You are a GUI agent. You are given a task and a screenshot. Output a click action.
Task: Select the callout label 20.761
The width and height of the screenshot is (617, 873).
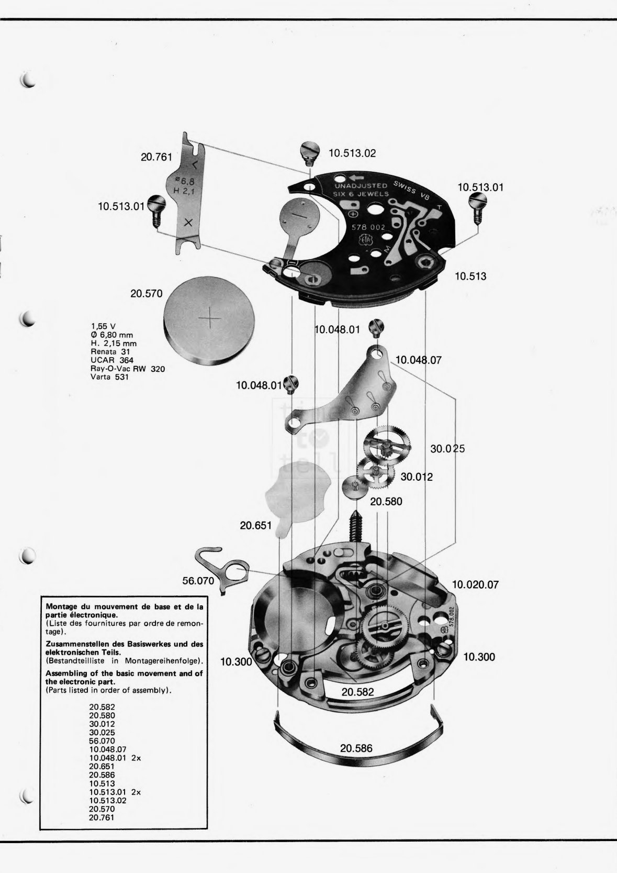156,157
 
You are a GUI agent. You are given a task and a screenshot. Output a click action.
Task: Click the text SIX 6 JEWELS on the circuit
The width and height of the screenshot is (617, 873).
361,194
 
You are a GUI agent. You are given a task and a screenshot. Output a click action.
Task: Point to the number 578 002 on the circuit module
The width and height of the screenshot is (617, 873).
368,228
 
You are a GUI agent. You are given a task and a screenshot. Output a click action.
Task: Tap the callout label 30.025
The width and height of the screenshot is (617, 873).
447,449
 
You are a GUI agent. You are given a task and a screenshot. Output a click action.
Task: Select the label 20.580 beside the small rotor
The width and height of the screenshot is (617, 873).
386,501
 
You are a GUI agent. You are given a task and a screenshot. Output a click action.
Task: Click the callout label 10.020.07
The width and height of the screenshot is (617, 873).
475,585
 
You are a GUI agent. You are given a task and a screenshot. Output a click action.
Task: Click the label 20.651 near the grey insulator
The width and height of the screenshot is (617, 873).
255,525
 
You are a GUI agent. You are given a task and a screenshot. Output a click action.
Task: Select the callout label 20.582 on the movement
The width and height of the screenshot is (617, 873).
357,692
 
